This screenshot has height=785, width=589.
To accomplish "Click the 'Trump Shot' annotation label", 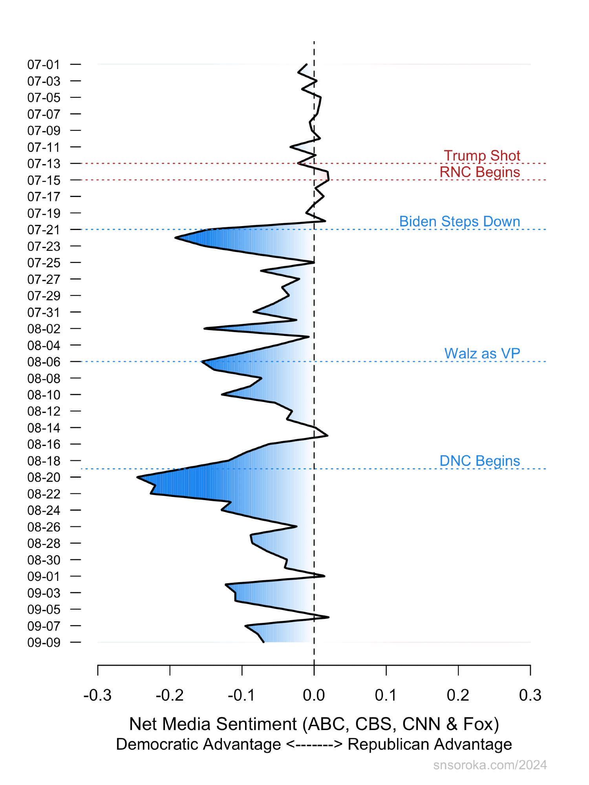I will (x=482, y=155).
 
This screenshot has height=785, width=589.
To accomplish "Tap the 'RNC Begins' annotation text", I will (x=479, y=172).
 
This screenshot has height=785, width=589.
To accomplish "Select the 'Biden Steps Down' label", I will (x=459, y=221).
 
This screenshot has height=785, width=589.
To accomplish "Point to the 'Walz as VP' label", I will (x=482, y=353).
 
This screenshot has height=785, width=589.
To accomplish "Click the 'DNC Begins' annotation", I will (x=479, y=460).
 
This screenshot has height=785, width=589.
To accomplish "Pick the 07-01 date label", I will (x=44, y=64).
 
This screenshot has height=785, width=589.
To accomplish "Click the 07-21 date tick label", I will (x=44, y=230).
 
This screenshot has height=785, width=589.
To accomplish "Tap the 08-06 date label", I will (x=44, y=361).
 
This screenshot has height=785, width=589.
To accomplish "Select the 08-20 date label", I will (x=44, y=477).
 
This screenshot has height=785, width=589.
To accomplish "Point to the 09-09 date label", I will (x=44, y=643).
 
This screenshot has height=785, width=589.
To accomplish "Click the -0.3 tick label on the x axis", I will (x=97, y=695).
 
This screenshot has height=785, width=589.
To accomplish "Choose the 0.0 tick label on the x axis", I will (x=314, y=695).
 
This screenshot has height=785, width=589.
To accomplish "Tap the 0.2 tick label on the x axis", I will (x=458, y=695).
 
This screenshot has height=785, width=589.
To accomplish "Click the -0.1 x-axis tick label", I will (x=241, y=695).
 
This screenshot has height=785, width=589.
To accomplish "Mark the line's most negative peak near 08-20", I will (x=137, y=477).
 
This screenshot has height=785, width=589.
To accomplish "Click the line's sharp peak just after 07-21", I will (x=176, y=237).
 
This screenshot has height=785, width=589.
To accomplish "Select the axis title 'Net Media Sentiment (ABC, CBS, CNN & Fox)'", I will (x=314, y=724).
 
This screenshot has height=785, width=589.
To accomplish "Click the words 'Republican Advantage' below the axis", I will (x=430, y=744).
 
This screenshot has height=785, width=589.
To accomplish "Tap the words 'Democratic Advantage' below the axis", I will (x=198, y=744).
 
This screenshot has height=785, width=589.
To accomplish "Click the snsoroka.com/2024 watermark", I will (x=490, y=765).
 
